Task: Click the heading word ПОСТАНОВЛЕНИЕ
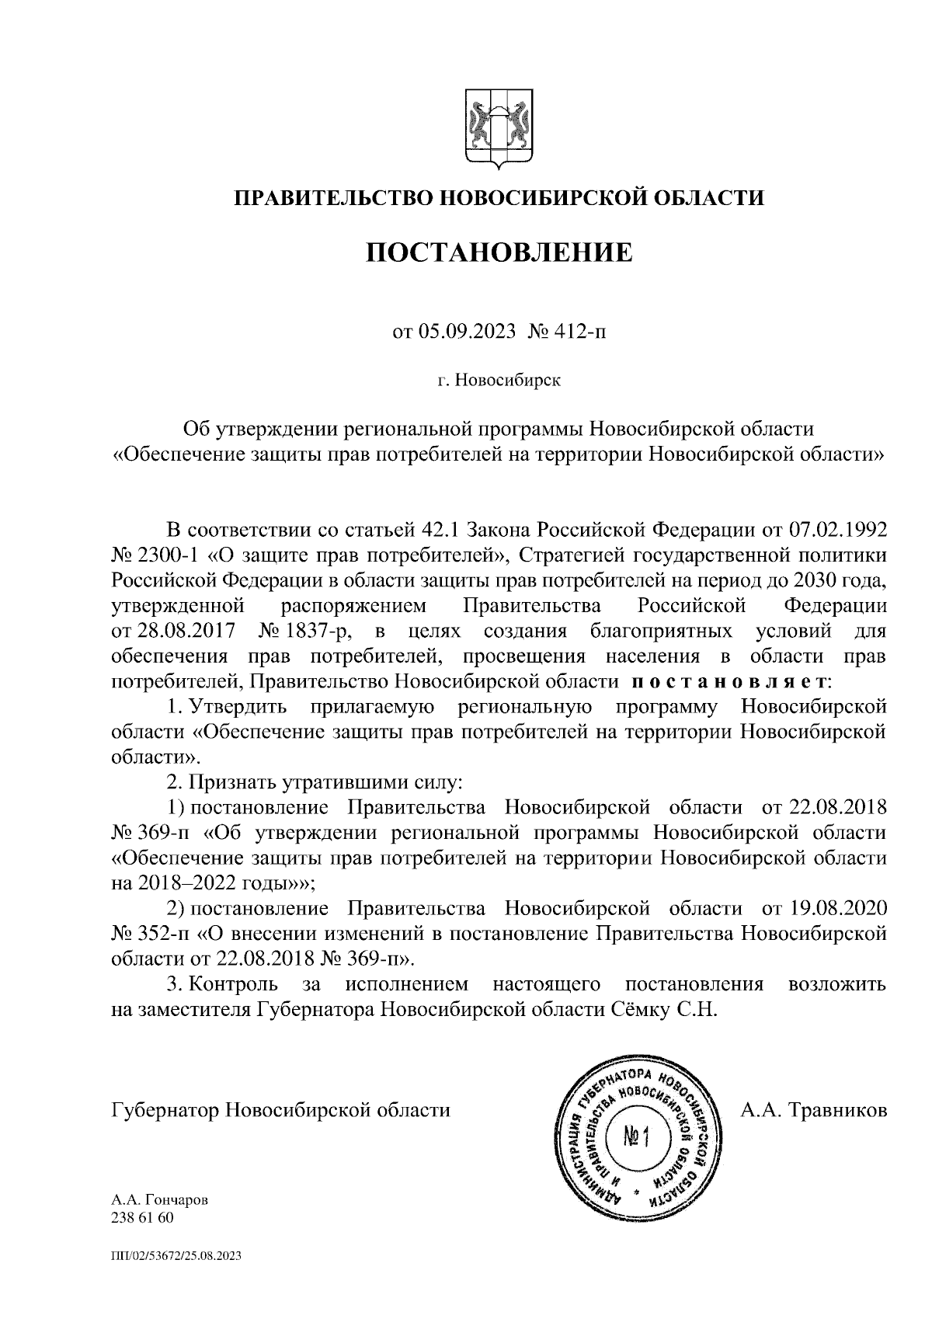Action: (x=499, y=252)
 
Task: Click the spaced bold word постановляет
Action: (x=727, y=682)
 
